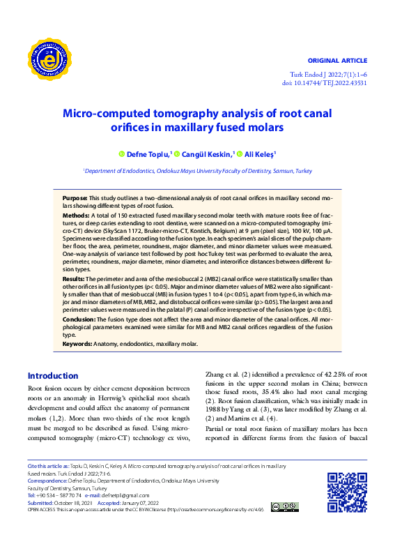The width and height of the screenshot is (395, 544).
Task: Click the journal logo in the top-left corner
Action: click(x=51, y=60)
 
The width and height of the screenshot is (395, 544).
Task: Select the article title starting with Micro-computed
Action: click(x=198, y=119)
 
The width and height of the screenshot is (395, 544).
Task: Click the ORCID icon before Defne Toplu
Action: click(x=121, y=153)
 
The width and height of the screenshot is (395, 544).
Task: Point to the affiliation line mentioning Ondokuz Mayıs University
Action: click(x=198, y=169)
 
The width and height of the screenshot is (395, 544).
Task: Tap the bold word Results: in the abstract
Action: click(x=74, y=278)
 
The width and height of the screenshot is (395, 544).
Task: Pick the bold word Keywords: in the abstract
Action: click(x=77, y=344)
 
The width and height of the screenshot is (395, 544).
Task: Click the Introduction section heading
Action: click(x=52, y=376)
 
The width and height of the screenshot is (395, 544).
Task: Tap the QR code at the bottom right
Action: click(x=347, y=492)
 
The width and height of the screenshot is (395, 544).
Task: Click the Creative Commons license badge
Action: click(x=286, y=506)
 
